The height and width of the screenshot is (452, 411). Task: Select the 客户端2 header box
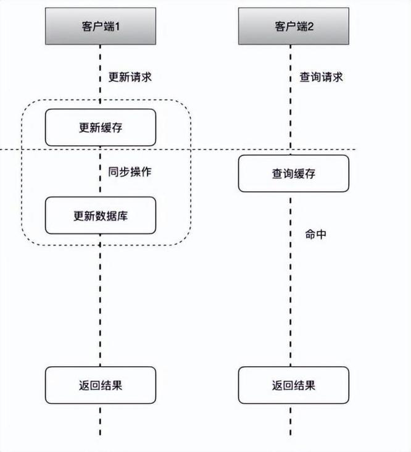293,26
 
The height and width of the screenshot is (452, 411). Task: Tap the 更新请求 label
130,78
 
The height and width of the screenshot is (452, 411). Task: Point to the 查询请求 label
321,78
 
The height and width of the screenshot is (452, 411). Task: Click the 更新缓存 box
100,128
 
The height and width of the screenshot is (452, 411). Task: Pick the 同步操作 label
130,172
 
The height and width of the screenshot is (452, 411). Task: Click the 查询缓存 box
293,174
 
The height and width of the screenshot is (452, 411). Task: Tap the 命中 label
315,235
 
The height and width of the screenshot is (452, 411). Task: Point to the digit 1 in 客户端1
117,26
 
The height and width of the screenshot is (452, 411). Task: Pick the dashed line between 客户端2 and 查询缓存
294,99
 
